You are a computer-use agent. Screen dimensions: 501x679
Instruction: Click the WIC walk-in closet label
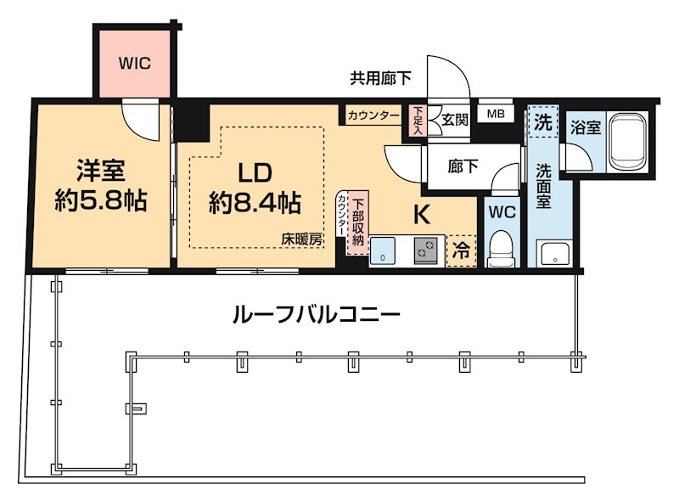[134, 64]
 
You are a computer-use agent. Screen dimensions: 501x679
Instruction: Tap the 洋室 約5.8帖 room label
[101, 186]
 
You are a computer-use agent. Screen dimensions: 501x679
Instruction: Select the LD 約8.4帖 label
[254, 188]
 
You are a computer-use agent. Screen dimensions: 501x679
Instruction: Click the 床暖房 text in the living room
[302, 240]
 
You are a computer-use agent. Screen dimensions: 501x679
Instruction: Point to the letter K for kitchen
[421, 215]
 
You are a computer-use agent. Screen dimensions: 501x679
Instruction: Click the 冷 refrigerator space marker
[461, 250]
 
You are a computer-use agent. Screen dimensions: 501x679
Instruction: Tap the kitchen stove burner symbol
[424, 251]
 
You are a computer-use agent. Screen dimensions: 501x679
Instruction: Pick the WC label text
[502, 212]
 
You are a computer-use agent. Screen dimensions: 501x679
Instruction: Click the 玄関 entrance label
[454, 121]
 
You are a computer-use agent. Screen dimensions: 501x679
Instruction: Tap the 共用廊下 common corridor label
[381, 79]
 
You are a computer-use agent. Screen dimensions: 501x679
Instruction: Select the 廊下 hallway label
[463, 166]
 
